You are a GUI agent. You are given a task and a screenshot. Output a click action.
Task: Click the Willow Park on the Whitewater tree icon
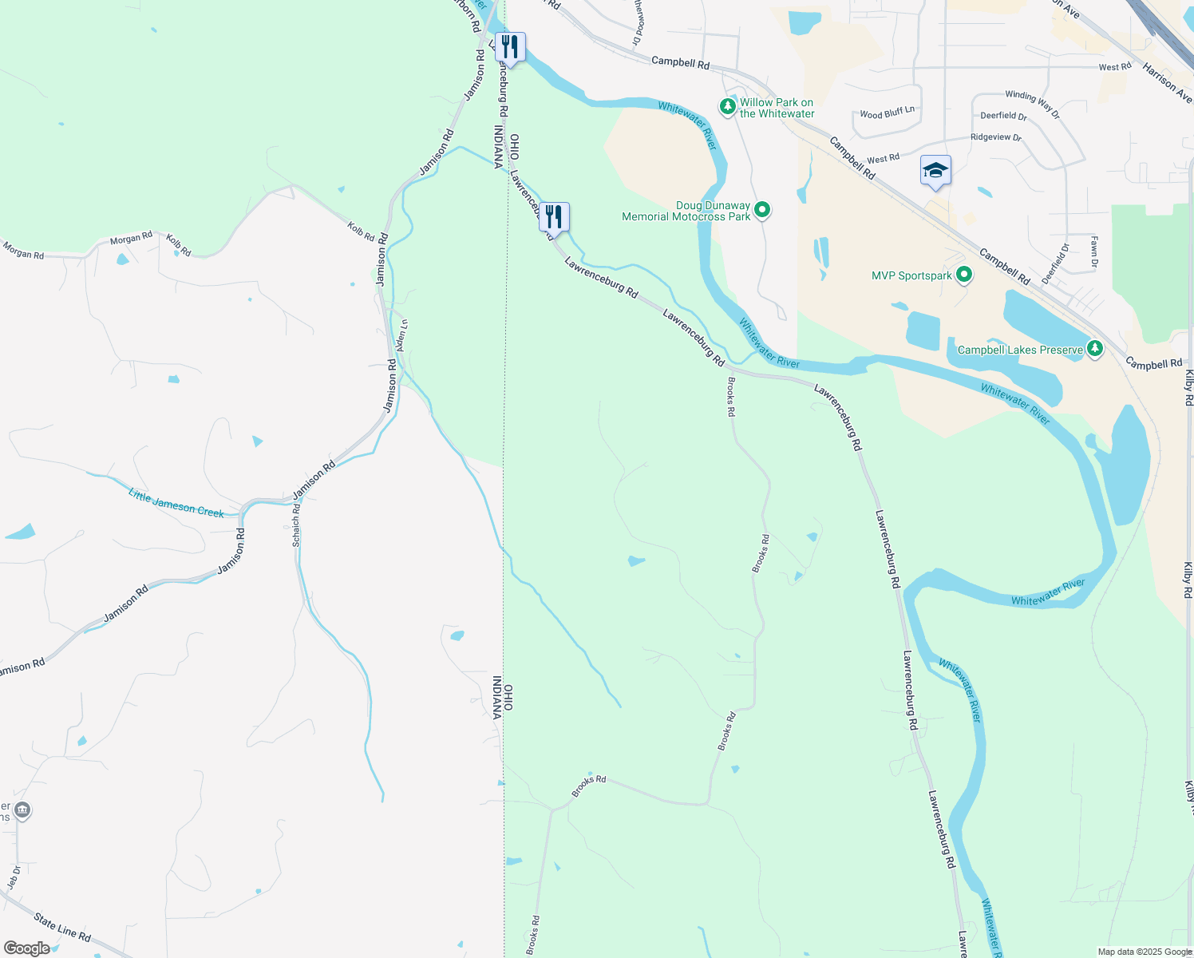(x=727, y=106)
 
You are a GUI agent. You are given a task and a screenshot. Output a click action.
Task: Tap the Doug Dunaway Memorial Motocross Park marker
(x=762, y=210)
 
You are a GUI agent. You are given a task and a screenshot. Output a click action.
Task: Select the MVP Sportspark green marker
(x=963, y=275)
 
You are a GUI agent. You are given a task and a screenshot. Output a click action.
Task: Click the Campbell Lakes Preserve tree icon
(x=1095, y=349)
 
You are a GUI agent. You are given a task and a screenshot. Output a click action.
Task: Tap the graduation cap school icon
(x=935, y=171)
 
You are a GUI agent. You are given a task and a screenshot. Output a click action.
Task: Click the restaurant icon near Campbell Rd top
(x=510, y=47)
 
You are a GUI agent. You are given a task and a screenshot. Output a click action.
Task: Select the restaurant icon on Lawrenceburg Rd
(x=554, y=216)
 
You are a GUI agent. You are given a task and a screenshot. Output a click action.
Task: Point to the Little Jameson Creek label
(x=176, y=503)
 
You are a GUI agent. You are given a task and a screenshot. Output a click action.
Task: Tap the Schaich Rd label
(x=296, y=525)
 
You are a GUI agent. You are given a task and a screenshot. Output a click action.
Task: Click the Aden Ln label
(x=402, y=335)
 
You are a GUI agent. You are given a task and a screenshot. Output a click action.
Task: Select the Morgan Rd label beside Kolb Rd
(x=131, y=239)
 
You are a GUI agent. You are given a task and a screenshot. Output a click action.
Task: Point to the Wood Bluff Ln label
(x=887, y=113)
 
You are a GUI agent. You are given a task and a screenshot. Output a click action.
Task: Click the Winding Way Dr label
(x=1032, y=105)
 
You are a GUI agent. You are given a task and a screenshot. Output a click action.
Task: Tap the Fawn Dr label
(x=1094, y=251)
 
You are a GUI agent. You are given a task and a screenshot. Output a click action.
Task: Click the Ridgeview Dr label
(x=995, y=137)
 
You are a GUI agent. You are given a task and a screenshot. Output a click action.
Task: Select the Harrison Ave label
(x=1166, y=81)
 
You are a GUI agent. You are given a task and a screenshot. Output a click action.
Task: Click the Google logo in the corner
(x=26, y=948)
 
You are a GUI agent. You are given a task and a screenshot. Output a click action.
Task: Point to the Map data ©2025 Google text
(x=1145, y=952)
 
